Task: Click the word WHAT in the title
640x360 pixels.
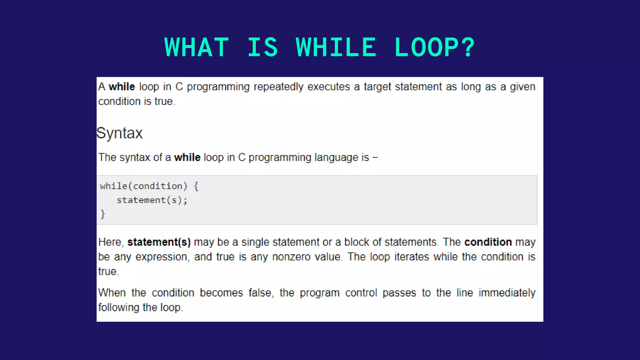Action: [197, 47]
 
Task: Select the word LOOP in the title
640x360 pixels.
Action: [426, 47]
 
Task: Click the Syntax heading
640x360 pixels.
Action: [120, 133]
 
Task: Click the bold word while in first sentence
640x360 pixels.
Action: [122, 87]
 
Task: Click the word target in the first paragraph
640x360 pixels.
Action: [377, 87]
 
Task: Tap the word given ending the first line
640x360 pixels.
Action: [522, 87]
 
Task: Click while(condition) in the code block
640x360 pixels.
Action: [143, 186]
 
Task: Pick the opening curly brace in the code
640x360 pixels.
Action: [196, 186]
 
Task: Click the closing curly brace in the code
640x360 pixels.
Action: [103, 214]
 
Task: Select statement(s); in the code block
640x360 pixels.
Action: [152, 200]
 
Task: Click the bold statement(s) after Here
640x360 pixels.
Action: [159, 242]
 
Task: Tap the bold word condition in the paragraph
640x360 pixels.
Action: [488, 242]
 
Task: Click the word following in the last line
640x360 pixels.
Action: [119, 307]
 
